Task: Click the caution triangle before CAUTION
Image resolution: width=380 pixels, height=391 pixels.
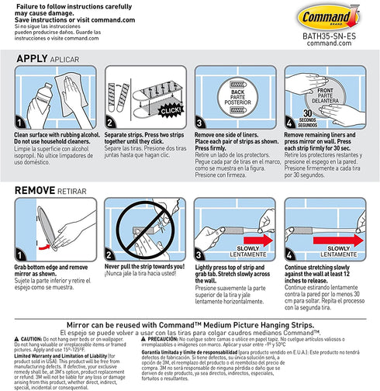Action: (16, 339)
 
